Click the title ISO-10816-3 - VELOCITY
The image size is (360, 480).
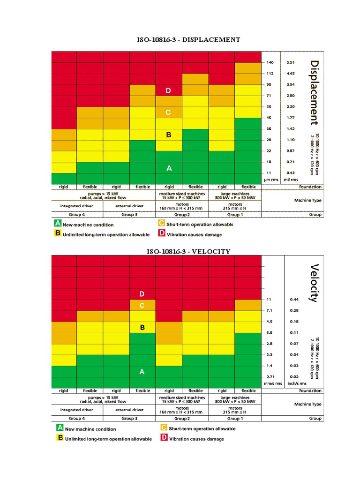(x=188, y=252)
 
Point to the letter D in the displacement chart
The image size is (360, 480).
(x=169, y=90)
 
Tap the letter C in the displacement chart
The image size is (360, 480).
(x=169, y=112)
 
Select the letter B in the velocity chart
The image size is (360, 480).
(x=142, y=328)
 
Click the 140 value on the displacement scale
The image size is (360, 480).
(x=270, y=62)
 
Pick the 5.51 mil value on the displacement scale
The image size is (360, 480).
(x=290, y=62)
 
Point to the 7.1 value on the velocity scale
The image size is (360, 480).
(x=270, y=310)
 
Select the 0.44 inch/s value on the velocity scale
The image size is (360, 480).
(x=294, y=299)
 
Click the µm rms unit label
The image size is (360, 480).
(x=271, y=180)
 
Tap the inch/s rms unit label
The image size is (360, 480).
(x=296, y=384)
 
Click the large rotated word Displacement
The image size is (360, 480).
(x=314, y=92)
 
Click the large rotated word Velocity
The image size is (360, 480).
(x=314, y=283)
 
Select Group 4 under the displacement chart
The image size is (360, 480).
(x=77, y=214)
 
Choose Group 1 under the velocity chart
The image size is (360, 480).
(x=235, y=418)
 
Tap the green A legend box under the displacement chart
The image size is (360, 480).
(x=58, y=224)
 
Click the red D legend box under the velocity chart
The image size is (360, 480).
(x=164, y=438)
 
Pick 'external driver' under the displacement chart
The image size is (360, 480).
(x=129, y=205)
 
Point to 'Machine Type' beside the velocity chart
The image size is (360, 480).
(x=307, y=404)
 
